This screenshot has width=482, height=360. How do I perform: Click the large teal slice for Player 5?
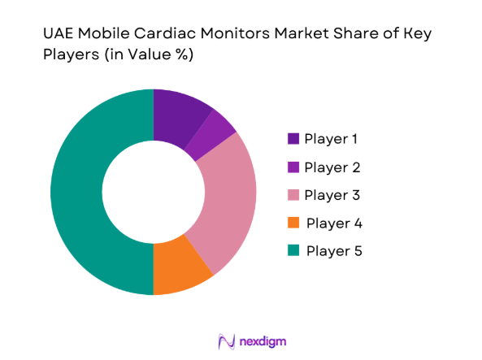point(81,192)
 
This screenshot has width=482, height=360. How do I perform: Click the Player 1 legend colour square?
point(293,139)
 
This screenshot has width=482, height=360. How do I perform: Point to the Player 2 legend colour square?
point(293,167)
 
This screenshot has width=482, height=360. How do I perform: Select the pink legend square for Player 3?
point(293,195)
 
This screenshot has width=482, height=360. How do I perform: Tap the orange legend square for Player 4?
point(293,223)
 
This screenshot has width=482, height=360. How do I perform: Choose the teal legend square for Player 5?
point(293,251)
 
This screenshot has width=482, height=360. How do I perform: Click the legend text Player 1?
point(331,139)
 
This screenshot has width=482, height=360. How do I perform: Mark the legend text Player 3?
point(332,195)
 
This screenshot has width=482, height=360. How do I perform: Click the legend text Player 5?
point(334,251)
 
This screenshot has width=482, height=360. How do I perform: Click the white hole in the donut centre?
point(154,192)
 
